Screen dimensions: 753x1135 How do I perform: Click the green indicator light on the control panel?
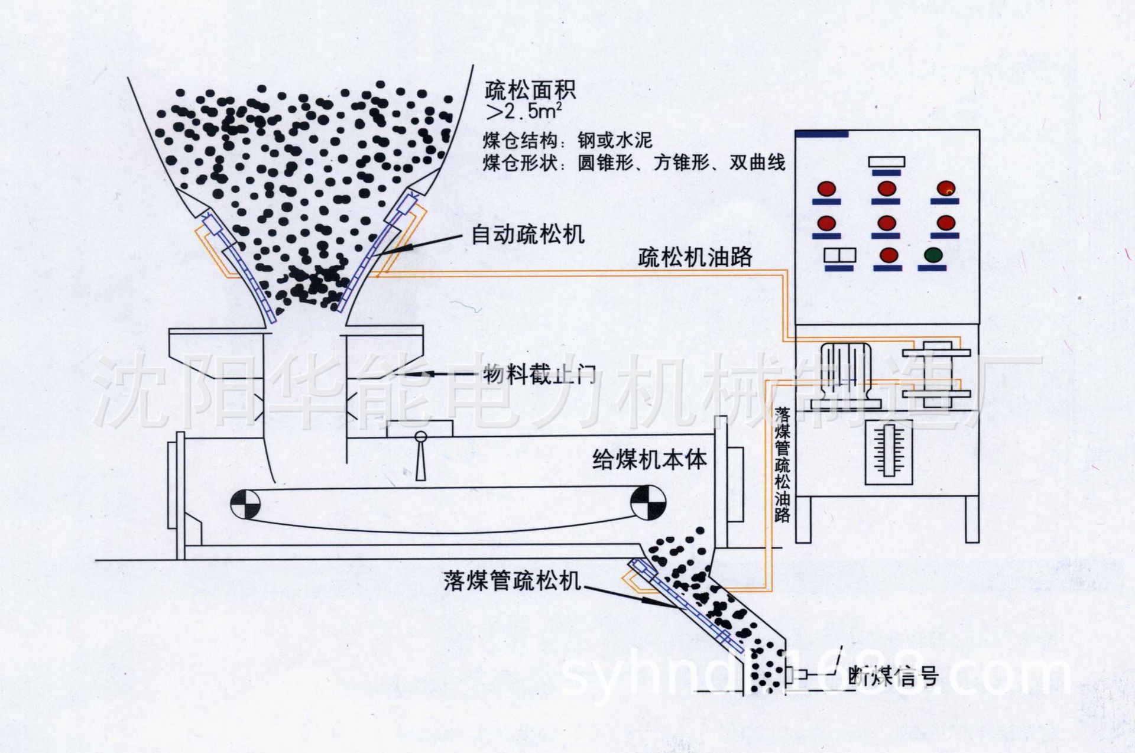933,255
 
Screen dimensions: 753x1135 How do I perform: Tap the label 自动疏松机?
528,235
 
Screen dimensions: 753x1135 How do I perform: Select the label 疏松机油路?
695,257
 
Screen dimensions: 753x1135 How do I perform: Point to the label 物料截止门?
539,374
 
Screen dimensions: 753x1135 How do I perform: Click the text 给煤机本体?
649,459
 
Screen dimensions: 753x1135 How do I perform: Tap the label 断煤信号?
893,676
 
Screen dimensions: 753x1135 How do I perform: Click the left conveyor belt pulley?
245,504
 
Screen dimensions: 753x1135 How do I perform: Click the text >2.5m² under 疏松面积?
523,111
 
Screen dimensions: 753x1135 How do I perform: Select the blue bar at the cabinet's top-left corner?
822,134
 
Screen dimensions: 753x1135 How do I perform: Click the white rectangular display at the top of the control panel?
886,161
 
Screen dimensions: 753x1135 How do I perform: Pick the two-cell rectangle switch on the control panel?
840,255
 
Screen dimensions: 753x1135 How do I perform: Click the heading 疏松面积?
530,90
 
